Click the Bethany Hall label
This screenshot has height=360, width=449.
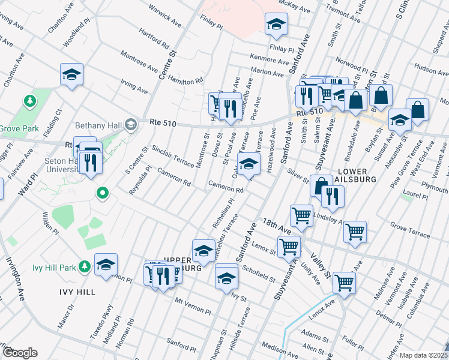tap(97, 126)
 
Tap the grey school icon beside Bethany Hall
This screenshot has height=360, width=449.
tap(130, 125)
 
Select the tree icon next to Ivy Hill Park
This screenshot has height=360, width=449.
tap(85, 266)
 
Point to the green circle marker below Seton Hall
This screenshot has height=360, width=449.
tap(103, 193)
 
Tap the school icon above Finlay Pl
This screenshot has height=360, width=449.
tap(277, 24)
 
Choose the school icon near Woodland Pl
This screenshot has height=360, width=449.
tap(72, 75)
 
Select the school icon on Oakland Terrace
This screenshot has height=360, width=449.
tap(249, 163)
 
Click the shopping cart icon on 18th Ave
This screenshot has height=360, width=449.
tap(301, 214)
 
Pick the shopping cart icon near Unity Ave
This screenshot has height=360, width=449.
tap(289, 245)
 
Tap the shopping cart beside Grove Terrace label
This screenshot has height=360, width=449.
tap(355, 230)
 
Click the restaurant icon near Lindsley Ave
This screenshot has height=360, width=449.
tap(332, 196)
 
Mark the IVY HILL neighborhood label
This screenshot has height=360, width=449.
tap(77, 292)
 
